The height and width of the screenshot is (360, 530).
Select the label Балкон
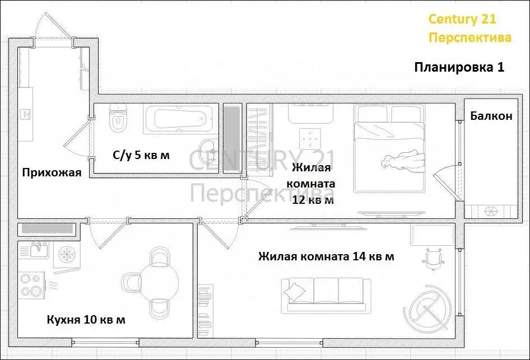[x=491, y=116]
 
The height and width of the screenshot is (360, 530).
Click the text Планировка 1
[x=459, y=68]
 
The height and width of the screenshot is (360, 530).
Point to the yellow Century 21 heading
[x=462, y=19]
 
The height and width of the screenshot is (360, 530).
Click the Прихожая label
[x=52, y=172]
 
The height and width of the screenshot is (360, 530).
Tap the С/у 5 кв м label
[x=141, y=155]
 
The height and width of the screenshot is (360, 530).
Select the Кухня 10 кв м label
[x=86, y=320]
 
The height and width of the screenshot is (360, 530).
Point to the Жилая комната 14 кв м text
[x=326, y=256]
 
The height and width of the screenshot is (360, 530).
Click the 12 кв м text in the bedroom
[x=313, y=199]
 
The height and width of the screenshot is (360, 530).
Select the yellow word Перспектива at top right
[x=469, y=38]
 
